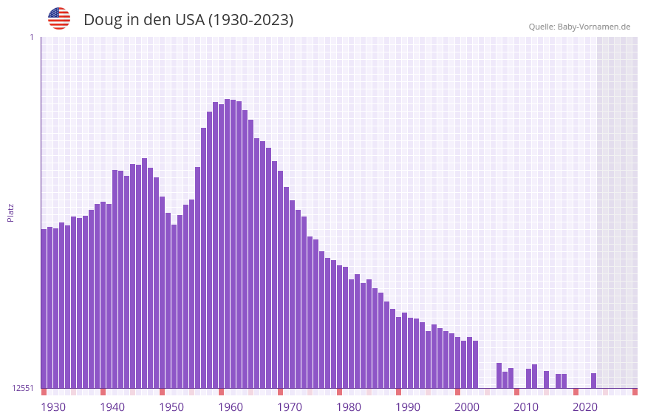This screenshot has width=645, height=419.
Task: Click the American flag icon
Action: click(59, 19)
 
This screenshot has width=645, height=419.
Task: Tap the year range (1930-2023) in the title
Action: click(250, 21)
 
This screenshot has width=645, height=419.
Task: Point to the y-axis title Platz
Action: click(10, 212)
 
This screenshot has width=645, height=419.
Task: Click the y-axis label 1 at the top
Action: click(31, 37)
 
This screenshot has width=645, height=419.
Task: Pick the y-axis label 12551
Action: click(23, 388)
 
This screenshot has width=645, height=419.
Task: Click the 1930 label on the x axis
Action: click(53, 407)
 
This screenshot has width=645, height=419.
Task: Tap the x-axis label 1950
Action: click(171, 407)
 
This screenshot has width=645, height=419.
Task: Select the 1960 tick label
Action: click(231, 407)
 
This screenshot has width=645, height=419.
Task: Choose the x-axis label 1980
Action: click(349, 407)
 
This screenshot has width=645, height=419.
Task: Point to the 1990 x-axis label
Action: click(408, 407)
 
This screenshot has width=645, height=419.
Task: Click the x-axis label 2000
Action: click(467, 407)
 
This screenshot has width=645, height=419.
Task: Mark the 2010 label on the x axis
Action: click(526, 407)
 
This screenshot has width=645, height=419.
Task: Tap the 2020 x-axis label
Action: click(585, 407)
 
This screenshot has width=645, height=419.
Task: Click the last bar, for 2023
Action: click(593, 381)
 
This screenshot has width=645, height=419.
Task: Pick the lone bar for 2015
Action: click(546, 379)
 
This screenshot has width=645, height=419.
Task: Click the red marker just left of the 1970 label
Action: click(280, 392)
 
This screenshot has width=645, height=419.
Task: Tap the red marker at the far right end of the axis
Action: click(635, 392)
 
